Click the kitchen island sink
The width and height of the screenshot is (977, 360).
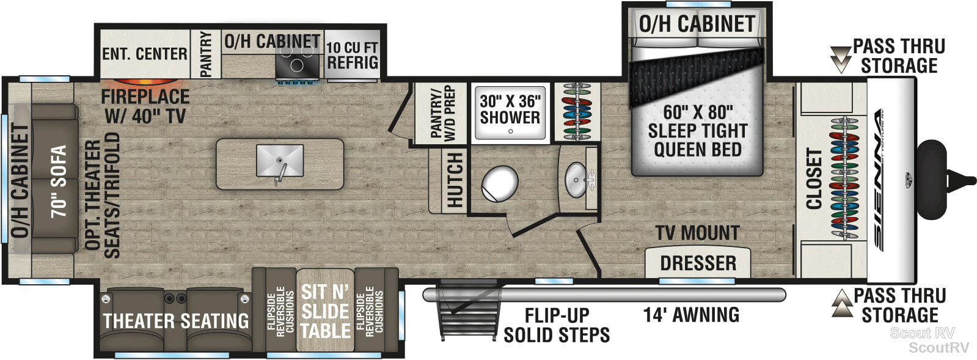pos(280,161)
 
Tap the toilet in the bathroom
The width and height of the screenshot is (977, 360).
pos(500,184)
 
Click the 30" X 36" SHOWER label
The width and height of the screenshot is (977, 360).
pos(510,109)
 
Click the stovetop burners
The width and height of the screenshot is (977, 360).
pos(296,61)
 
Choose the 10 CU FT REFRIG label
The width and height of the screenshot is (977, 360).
pos(352,55)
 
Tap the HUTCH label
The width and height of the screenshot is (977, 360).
pos(455,180)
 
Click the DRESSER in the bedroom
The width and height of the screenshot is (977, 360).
pos(698,262)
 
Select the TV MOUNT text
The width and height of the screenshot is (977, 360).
pos(697,233)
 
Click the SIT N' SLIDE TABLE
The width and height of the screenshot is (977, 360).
pos(326,310)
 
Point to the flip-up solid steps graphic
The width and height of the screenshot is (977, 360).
pos(467,310)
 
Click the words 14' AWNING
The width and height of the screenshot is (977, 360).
pos(691,315)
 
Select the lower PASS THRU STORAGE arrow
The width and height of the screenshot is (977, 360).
pos(842,303)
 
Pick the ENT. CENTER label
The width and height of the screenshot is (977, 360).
pos(144,54)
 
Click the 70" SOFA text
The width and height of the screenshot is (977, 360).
pos(59,181)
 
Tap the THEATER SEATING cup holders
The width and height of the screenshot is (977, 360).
pos(175,298)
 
